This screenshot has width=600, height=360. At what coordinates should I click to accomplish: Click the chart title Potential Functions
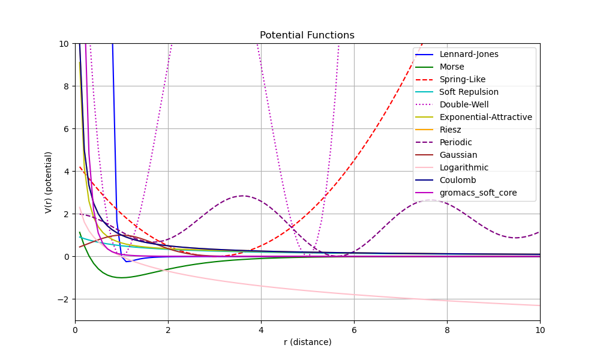(307, 35)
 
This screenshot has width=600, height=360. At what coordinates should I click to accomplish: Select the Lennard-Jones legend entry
(469, 55)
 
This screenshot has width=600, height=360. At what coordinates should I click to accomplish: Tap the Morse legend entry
(451, 67)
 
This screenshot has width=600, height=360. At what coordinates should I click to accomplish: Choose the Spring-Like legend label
(462, 80)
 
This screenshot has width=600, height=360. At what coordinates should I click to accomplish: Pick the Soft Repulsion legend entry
(469, 92)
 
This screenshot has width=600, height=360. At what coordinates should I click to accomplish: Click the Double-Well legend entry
(464, 105)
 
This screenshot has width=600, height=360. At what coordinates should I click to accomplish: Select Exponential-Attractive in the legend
(485, 118)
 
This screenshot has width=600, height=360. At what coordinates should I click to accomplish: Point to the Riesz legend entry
(450, 130)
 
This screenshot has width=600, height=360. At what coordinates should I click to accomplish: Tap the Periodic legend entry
(455, 143)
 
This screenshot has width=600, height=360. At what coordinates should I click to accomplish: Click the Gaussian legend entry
(458, 155)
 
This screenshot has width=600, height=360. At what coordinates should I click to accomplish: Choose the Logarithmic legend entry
(464, 168)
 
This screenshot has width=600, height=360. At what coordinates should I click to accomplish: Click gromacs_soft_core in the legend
(478, 193)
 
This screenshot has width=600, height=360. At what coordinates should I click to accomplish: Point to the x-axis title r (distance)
(307, 343)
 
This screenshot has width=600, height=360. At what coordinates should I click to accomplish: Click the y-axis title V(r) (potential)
(49, 182)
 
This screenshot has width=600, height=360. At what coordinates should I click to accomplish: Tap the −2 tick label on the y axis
(64, 299)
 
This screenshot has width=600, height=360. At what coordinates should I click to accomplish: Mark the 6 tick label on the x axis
(354, 330)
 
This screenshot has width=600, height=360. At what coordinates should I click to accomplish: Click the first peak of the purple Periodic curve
(242, 196)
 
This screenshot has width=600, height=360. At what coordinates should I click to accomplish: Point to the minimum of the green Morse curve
(121, 278)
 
